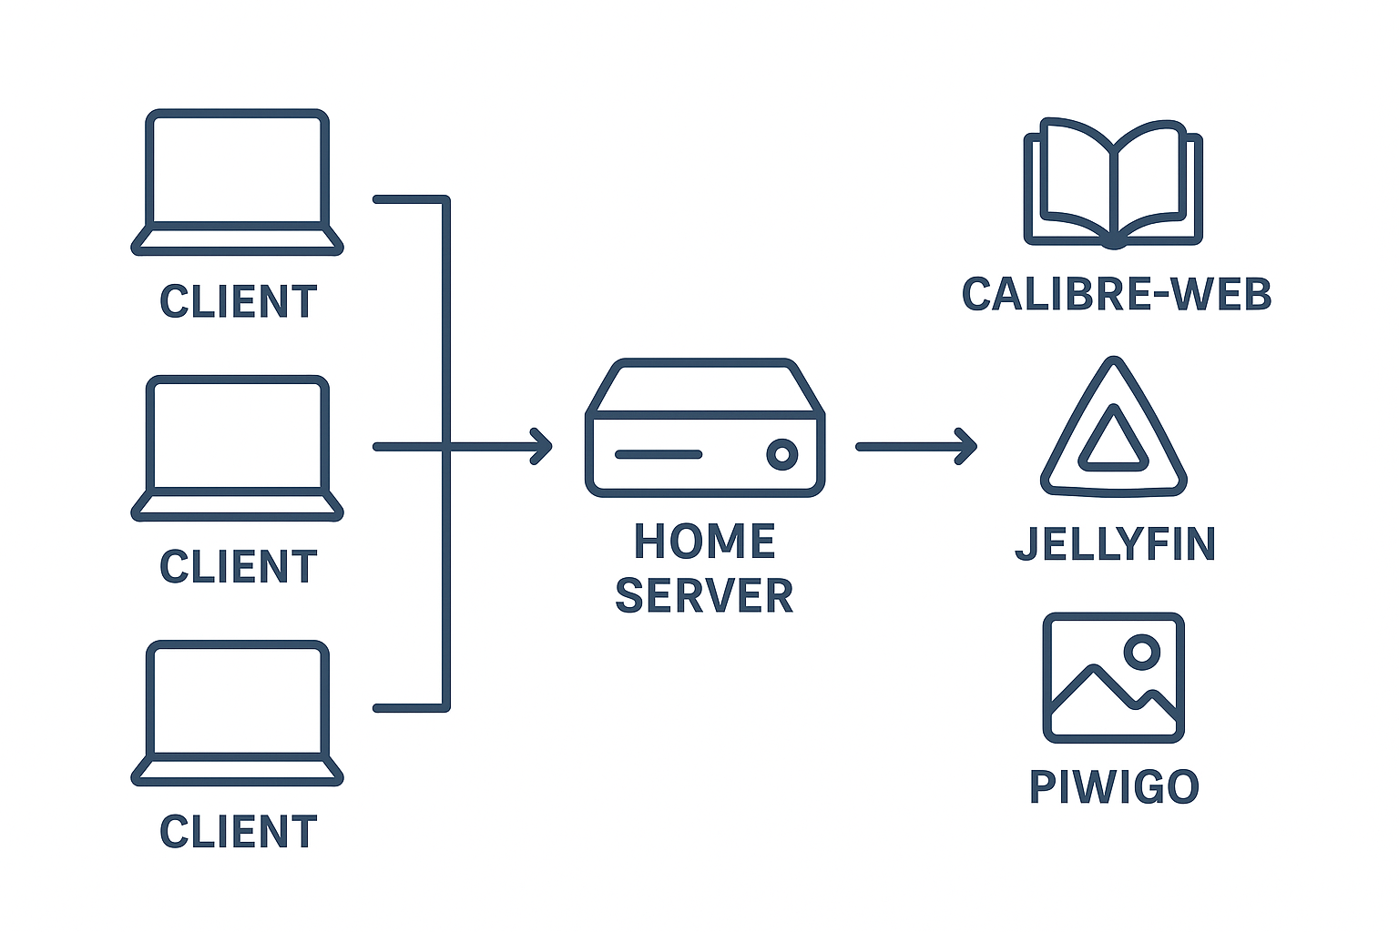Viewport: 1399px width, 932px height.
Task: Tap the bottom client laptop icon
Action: [237, 712]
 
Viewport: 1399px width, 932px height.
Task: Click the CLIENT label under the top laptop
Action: [239, 302]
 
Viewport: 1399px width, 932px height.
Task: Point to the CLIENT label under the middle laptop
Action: [239, 567]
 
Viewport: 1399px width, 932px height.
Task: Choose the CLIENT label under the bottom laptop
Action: [239, 832]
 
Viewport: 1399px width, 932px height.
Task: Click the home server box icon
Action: [704, 428]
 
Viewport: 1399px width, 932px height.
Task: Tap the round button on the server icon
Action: [781, 453]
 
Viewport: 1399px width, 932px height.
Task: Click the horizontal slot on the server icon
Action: [659, 453]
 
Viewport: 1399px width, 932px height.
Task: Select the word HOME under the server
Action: [704, 542]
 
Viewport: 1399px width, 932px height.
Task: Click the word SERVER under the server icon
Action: [704, 596]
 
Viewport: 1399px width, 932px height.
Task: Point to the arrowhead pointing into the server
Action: [544, 446]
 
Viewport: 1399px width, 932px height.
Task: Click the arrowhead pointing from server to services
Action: [967, 446]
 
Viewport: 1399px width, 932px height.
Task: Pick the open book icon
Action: [1113, 182]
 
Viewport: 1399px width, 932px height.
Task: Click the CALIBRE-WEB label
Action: [1117, 295]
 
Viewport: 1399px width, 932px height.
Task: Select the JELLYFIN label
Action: [1115, 544]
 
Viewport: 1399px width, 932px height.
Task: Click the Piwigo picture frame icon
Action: [1113, 678]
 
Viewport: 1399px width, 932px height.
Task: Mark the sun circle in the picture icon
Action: [1141, 651]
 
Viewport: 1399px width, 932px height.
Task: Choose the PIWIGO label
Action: [1114, 787]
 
